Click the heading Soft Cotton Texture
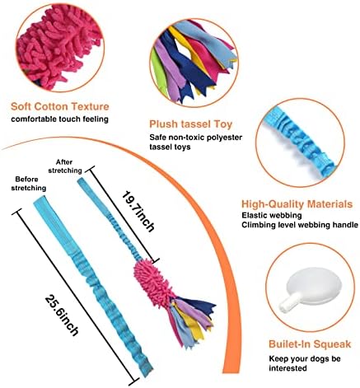[x=60, y=106]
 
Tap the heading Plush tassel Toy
[x=191, y=124]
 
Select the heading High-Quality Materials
[x=297, y=204]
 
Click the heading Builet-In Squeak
[x=310, y=344]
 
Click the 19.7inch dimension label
[x=138, y=212]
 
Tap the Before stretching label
[x=29, y=184]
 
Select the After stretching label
[x=65, y=166]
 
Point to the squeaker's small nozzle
[x=288, y=303]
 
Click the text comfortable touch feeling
[x=59, y=119]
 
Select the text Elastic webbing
[x=272, y=215]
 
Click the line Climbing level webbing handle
[x=300, y=225]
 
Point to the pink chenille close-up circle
[x=60, y=48]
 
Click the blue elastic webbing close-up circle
[x=300, y=143]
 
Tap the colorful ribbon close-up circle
[x=194, y=63]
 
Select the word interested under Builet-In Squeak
[x=288, y=368]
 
